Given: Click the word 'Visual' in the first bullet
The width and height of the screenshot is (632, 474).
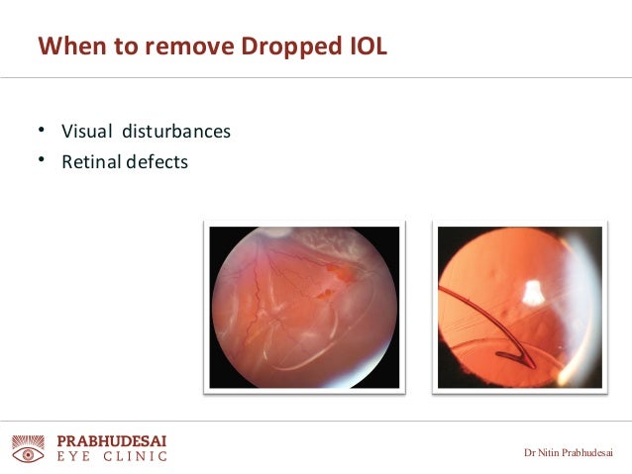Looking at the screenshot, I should tap(85, 132).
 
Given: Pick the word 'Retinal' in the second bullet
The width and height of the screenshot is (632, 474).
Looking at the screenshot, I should tap(90, 161).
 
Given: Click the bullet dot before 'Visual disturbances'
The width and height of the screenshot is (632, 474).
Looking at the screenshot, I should tap(42, 130).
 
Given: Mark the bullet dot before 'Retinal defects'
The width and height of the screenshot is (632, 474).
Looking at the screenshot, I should tap(42, 159).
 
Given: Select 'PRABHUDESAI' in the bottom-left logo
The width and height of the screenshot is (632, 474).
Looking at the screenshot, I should tap(111, 439).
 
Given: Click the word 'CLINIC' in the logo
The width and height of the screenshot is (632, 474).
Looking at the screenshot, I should tap(138, 457).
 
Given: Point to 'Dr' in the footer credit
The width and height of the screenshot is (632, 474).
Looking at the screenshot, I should tap(530, 453).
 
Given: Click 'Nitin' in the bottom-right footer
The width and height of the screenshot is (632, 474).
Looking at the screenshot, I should tap(550, 453).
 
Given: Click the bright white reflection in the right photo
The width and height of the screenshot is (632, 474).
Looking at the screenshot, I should tap(532, 292).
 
